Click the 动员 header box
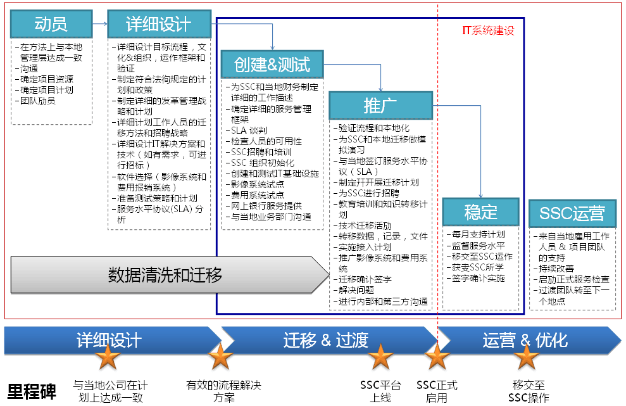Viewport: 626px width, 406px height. [x=51, y=24]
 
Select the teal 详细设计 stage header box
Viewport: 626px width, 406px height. [x=158, y=24]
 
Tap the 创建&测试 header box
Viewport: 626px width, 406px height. [x=272, y=64]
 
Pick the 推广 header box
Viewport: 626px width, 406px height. [x=380, y=105]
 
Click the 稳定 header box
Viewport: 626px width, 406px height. [x=481, y=212]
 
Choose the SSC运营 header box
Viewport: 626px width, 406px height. [x=572, y=213]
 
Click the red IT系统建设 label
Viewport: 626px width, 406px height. [x=488, y=30]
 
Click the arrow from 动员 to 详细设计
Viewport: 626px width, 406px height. [x=97, y=24]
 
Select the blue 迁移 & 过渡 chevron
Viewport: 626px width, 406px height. [x=326, y=340]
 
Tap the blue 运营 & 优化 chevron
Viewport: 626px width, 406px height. [x=525, y=340]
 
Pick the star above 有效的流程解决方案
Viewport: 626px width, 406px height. [x=220, y=358]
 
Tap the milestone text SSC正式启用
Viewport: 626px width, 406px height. [x=437, y=391]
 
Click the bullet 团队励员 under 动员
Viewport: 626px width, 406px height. [x=38, y=100]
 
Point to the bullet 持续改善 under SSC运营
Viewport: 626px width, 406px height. [x=556, y=269]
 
